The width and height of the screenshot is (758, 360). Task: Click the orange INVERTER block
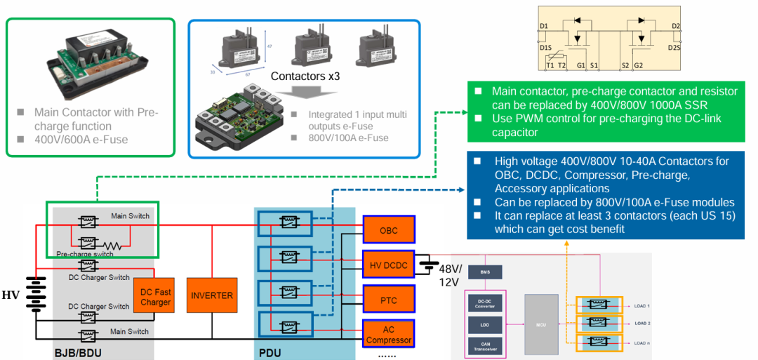coord(212,296)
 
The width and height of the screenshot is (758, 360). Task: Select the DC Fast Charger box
coord(155,297)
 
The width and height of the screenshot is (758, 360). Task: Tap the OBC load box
coord(389,230)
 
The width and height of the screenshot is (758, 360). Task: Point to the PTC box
coord(389,300)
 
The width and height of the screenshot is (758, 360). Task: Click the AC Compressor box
coord(389,334)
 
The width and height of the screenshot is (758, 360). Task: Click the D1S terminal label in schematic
coord(545,47)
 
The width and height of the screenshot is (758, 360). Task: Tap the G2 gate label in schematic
coord(638,65)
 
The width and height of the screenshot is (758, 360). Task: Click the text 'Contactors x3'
coord(305,76)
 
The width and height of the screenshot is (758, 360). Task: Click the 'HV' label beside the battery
coord(11,295)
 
